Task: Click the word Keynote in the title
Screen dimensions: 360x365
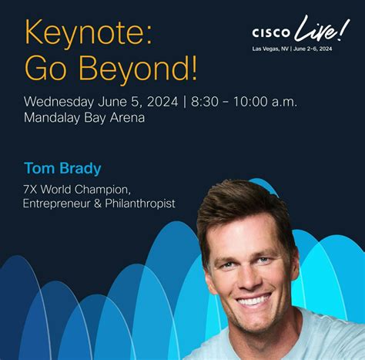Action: click(x=75, y=33)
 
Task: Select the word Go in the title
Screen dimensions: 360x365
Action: click(x=44, y=69)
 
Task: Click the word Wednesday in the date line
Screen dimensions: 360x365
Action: click(x=59, y=102)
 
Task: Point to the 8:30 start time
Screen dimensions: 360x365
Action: click(x=199, y=102)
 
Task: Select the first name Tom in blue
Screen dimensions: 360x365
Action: click(x=37, y=168)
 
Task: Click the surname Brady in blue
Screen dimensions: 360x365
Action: click(x=81, y=168)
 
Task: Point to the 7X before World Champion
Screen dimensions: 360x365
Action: click(x=32, y=189)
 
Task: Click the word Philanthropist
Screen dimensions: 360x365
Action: click(x=142, y=204)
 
